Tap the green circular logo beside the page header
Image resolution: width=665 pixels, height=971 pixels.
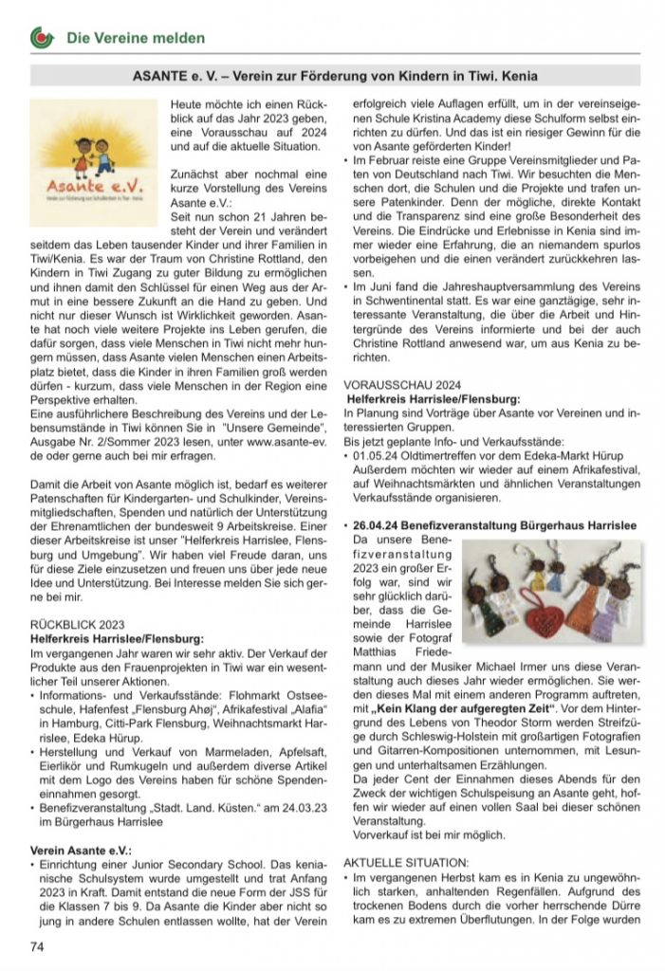tap(42, 38)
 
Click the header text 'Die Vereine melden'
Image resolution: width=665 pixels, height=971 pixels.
tap(136, 39)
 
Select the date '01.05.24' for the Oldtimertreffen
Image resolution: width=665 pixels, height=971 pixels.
tap(378, 455)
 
